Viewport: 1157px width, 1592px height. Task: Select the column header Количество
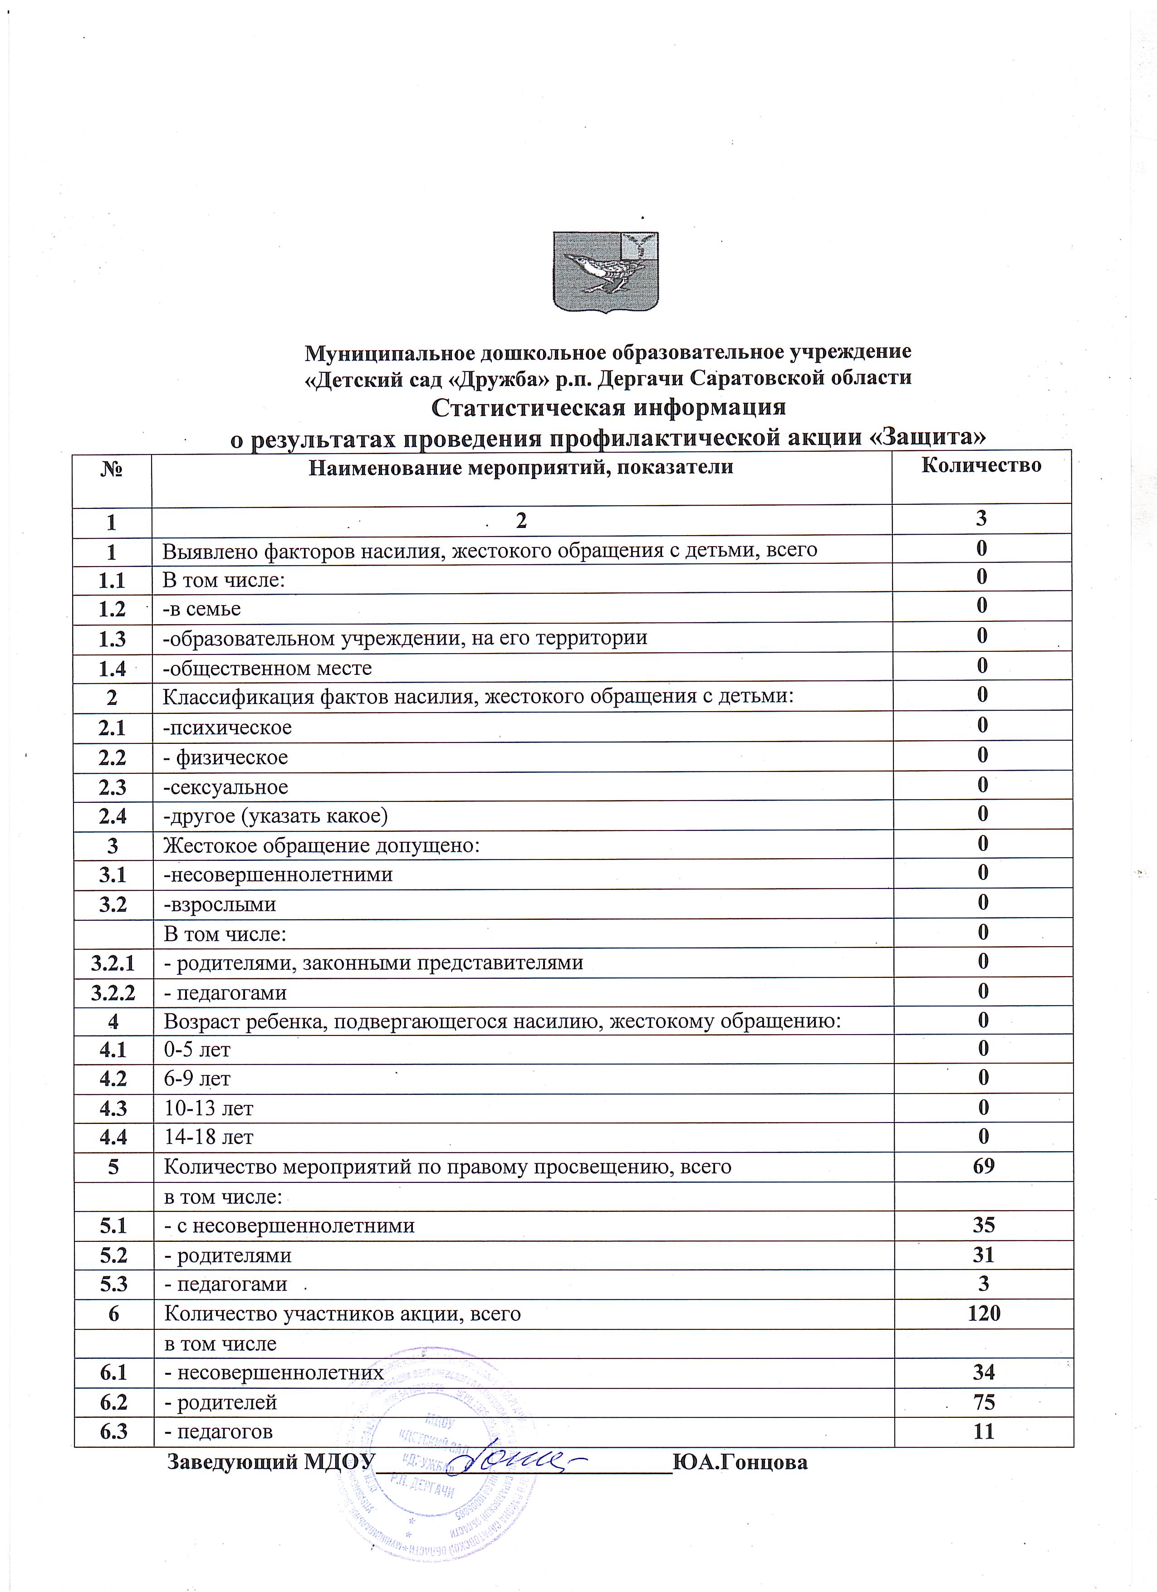[x=981, y=465]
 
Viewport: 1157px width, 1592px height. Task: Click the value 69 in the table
[x=984, y=1166]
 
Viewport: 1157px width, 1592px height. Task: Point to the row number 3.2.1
[x=113, y=962]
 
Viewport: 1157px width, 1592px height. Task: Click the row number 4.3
[x=113, y=1109]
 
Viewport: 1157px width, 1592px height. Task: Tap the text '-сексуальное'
[x=226, y=787]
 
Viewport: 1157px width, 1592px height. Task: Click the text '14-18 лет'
[x=209, y=1137]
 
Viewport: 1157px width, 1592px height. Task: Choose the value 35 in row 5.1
[x=984, y=1225]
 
